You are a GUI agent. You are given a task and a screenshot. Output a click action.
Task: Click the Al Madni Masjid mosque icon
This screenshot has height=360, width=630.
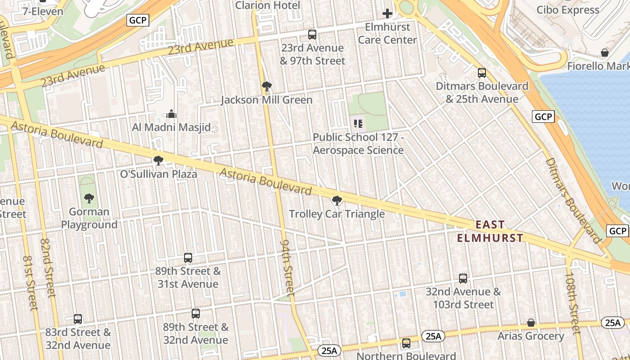[171, 113]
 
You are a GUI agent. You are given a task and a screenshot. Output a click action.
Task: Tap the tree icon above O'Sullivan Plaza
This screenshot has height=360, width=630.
[158, 160]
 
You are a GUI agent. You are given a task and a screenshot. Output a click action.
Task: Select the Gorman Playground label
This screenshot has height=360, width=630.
[89, 218]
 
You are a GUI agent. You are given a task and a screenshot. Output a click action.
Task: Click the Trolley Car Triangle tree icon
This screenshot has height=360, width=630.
[337, 201]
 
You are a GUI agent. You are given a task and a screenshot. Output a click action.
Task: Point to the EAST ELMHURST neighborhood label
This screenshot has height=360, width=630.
[490, 231]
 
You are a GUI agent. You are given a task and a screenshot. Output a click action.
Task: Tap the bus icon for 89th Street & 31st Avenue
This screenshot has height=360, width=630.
[188, 258]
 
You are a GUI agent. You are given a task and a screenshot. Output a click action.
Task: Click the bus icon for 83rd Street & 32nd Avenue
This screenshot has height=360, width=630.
[78, 319]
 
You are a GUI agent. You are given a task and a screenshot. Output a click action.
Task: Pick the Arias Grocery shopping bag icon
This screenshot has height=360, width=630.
[531, 323]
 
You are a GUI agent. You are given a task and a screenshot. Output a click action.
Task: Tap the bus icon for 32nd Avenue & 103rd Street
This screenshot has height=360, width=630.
[463, 279]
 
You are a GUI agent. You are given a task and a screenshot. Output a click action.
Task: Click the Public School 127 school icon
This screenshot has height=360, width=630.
[358, 123]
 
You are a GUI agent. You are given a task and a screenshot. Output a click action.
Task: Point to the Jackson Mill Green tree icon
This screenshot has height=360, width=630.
[266, 86]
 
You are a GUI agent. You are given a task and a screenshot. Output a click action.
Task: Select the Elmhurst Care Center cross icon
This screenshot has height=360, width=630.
[387, 13]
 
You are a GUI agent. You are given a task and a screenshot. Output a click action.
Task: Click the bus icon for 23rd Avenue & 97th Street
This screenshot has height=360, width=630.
[312, 35]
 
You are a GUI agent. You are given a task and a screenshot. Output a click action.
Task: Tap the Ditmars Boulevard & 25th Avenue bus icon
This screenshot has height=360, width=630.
[482, 72]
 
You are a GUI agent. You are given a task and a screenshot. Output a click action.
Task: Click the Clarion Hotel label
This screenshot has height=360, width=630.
[267, 5]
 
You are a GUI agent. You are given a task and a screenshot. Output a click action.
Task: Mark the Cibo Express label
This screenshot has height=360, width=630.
[568, 10]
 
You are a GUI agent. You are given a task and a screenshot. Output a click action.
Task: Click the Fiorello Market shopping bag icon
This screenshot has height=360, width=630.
[605, 53]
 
